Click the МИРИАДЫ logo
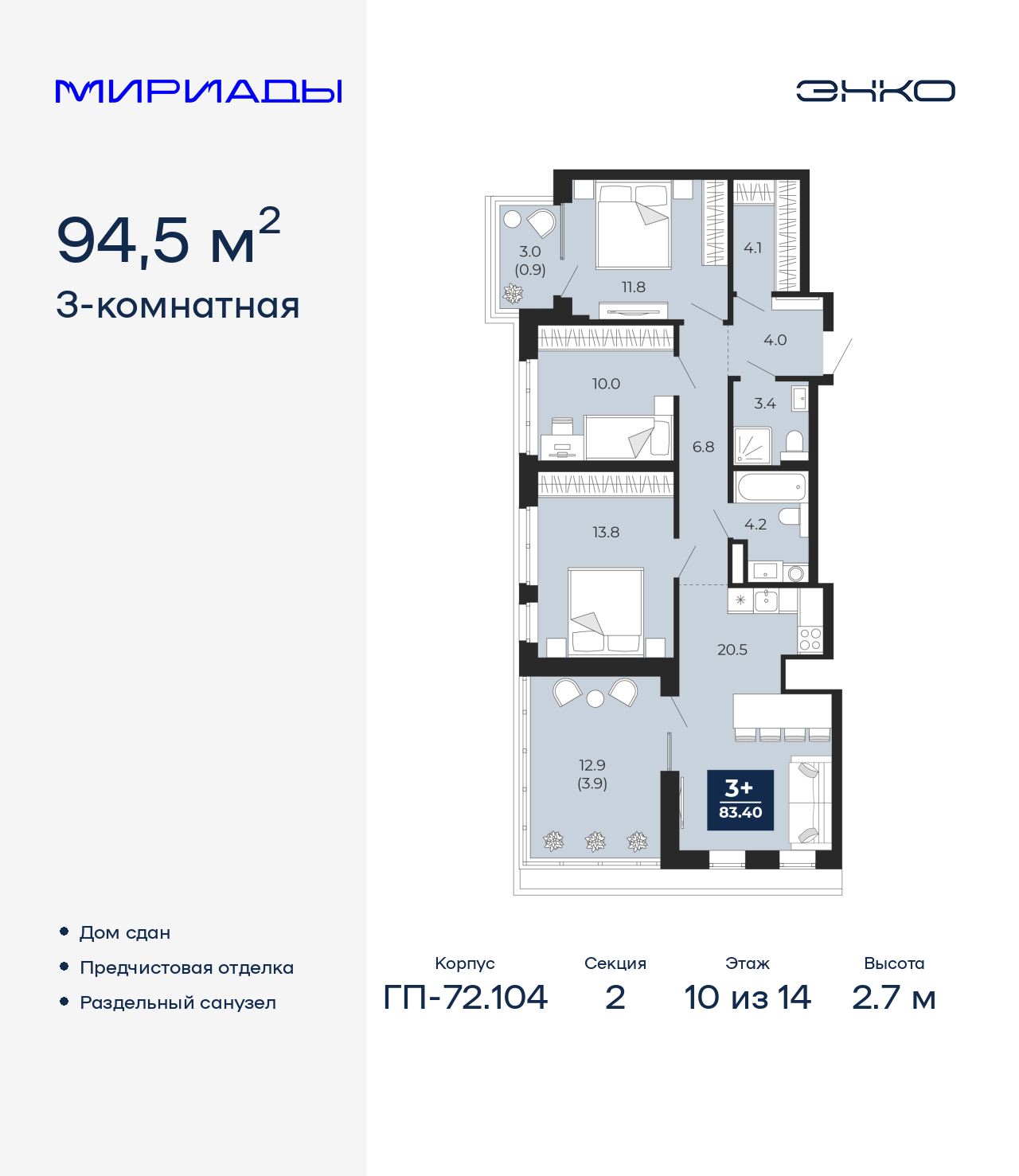pyautogui.click(x=198, y=92)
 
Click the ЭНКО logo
pyautogui.click(x=875, y=91)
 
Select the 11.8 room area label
pyautogui.click(x=633, y=287)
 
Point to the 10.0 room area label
pyautogui.click(x=606, y=384)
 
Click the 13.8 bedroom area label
pyautogui.click(x=606, y=532)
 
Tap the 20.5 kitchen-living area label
pyautogui.click(x=732, y=649)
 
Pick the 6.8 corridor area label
pyautogui.click(x=703, y=447)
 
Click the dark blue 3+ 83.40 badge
pyautogui.click(x=740, y=800)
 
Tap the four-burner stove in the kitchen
pyautogui.click(x=810, y=639)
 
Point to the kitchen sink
pyautogui.click(x=767, y=600)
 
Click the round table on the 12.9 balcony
pyautogui.click(x=595, y=698)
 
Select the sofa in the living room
pyautogui.click(x=810, y=803)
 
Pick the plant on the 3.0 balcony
pyautogui.click(x=513, y=294)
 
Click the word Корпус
pyautogui.click(x=465, y=963)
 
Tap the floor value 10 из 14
pyautogui.click(x=748, y=998)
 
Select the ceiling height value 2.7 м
pyautogui.click(x=894, y=998)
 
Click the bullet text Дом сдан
pyautogui.click(x=125, y=932)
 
